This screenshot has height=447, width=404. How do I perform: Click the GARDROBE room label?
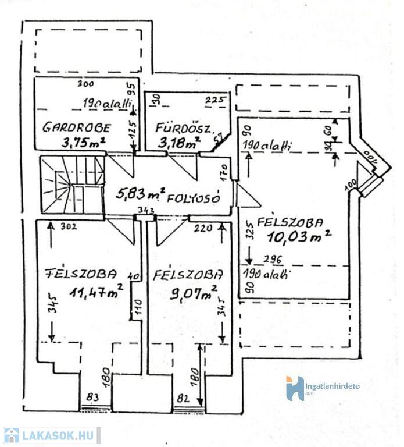coord(76,127)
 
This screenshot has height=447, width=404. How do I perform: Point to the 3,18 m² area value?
coord(178,141)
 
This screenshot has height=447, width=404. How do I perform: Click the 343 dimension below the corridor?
coord(146,210)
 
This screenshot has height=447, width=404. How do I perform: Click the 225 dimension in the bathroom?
coord(214,100)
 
